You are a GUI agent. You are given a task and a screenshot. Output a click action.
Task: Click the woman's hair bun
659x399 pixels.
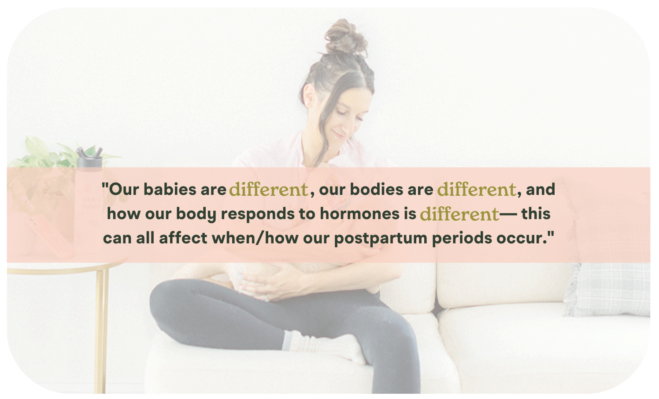click(x=346, y=37)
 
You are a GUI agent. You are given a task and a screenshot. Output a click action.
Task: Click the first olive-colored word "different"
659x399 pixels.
click(x=268, y=190)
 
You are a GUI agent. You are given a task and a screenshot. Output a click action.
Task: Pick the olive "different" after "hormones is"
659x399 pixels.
click(x=459, y=214)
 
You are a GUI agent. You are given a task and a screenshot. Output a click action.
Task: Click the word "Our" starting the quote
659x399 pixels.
click(x=124, y=190)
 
